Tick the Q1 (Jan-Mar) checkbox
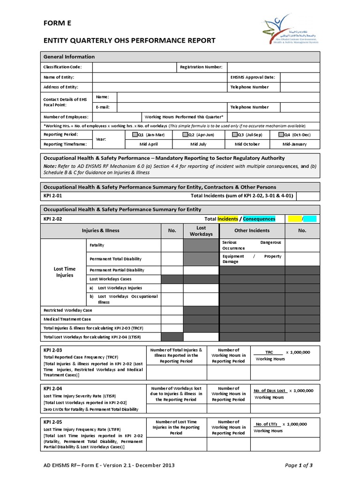click(135, 135)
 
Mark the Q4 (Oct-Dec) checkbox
click(280, 135)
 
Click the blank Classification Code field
click(134, 67)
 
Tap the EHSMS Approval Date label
click(253, 77)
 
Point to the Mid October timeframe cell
click(247, 144)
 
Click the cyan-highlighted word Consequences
click(259, 219)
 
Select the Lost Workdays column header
click(201, 231)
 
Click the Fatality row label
click(97, 245)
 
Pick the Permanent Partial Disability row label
click(117, 270)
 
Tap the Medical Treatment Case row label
click(67, 319)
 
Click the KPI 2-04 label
click(52, 389)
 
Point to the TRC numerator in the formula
click(269, 352)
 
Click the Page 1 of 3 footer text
click(299, 465)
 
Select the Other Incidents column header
click(252, 231)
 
